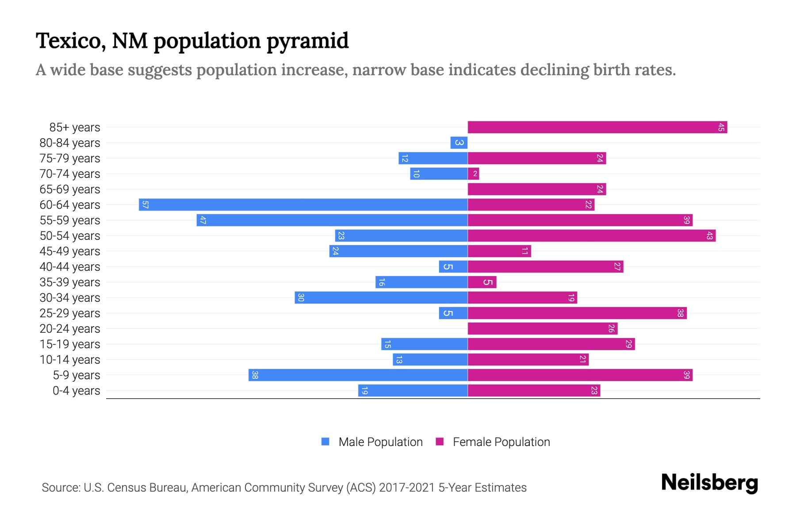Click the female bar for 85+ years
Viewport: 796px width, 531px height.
(x=597, y=127)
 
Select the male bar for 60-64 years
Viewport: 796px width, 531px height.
(x=303, y=205)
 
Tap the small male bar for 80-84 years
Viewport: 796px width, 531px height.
(x=459, y=143)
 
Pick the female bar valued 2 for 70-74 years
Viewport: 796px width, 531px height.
(x=473, y=174)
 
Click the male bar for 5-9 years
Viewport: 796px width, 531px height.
(x=358, y=375)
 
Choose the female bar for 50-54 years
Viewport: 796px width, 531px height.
(x=592, y=236)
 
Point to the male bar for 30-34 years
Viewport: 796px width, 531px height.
(x=381, y=298)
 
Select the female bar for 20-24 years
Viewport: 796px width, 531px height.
(x=543, y=329)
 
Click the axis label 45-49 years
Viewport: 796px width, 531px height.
(x=70, y=251)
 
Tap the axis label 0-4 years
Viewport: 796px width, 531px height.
(x=76, y=391)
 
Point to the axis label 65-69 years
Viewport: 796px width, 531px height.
(x=70, y=189)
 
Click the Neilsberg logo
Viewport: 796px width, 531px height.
(x=709, y=483)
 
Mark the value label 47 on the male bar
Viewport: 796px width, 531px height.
(x=203, y=220)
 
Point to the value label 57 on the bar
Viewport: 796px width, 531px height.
(x=145, y=205)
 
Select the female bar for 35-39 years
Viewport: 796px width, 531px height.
(x=482, y=282)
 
